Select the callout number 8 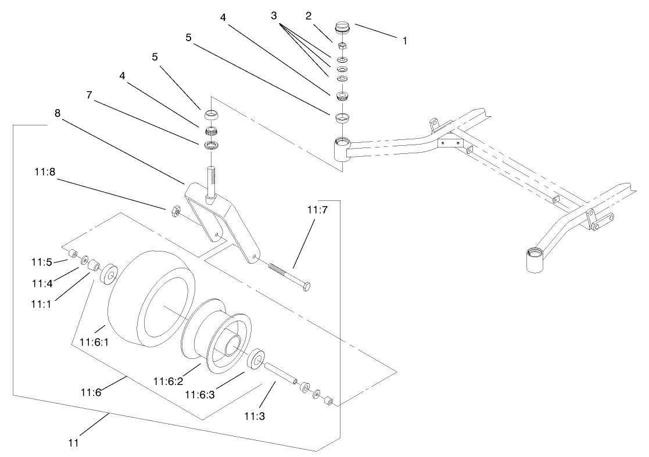click(x=58, y=114)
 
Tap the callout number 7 click(x=89, y=95)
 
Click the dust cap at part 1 click(x=343, y=27)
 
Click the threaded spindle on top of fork click(x=212, y=180)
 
